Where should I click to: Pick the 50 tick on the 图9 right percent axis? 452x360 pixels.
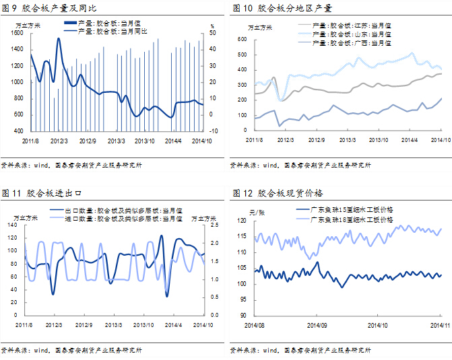(214, 33)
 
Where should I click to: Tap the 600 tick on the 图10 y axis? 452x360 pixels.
(240, 39)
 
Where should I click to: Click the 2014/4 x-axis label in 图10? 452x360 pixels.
(410, 139)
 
